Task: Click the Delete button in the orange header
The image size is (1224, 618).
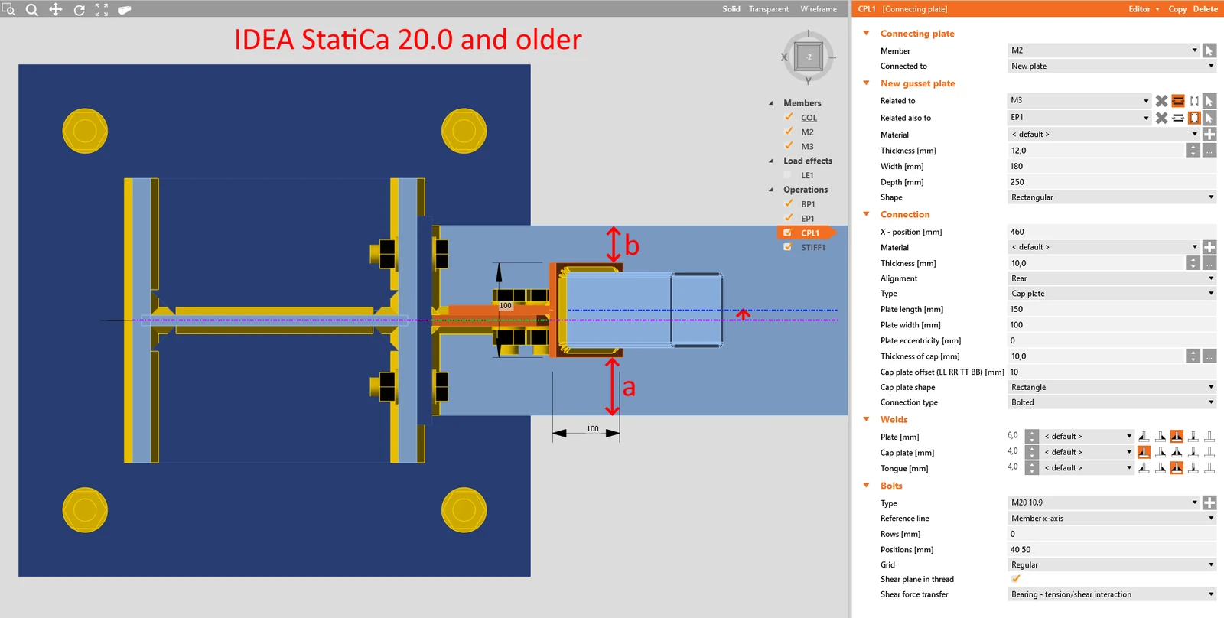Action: click(x=1205, y=8)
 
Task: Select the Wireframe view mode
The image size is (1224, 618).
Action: click(x=818, y=8)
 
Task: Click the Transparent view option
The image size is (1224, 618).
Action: click(x=768, y=8)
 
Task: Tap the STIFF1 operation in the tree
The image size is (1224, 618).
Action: click(x=812, y=248)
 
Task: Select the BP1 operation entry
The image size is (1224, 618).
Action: click(x=808, y=203)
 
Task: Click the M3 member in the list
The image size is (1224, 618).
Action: click(x=807, y=146)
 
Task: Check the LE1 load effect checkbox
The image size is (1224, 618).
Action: click(x=787, y=175)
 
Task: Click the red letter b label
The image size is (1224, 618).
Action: click(x=632, y=246)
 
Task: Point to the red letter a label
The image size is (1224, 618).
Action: click(x=629, y=388)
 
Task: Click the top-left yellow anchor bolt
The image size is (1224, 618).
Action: click(x=85, y=131)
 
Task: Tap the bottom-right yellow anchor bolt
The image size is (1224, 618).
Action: click(x=464, y=510)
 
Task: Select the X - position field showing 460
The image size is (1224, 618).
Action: click(x=1111, y=232)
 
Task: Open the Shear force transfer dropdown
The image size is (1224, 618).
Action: click(x=1111, y=594)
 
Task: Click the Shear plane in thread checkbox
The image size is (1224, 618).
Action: click(x=1015, y=579)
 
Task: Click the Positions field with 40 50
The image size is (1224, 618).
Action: click(x=1111, y=550)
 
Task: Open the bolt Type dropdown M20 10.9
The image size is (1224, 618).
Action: click(x=1102, y=503)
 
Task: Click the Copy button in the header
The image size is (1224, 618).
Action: click(x=1177, y=8)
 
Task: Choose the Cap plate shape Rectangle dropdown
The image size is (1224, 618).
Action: click(x=1111, y=387)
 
